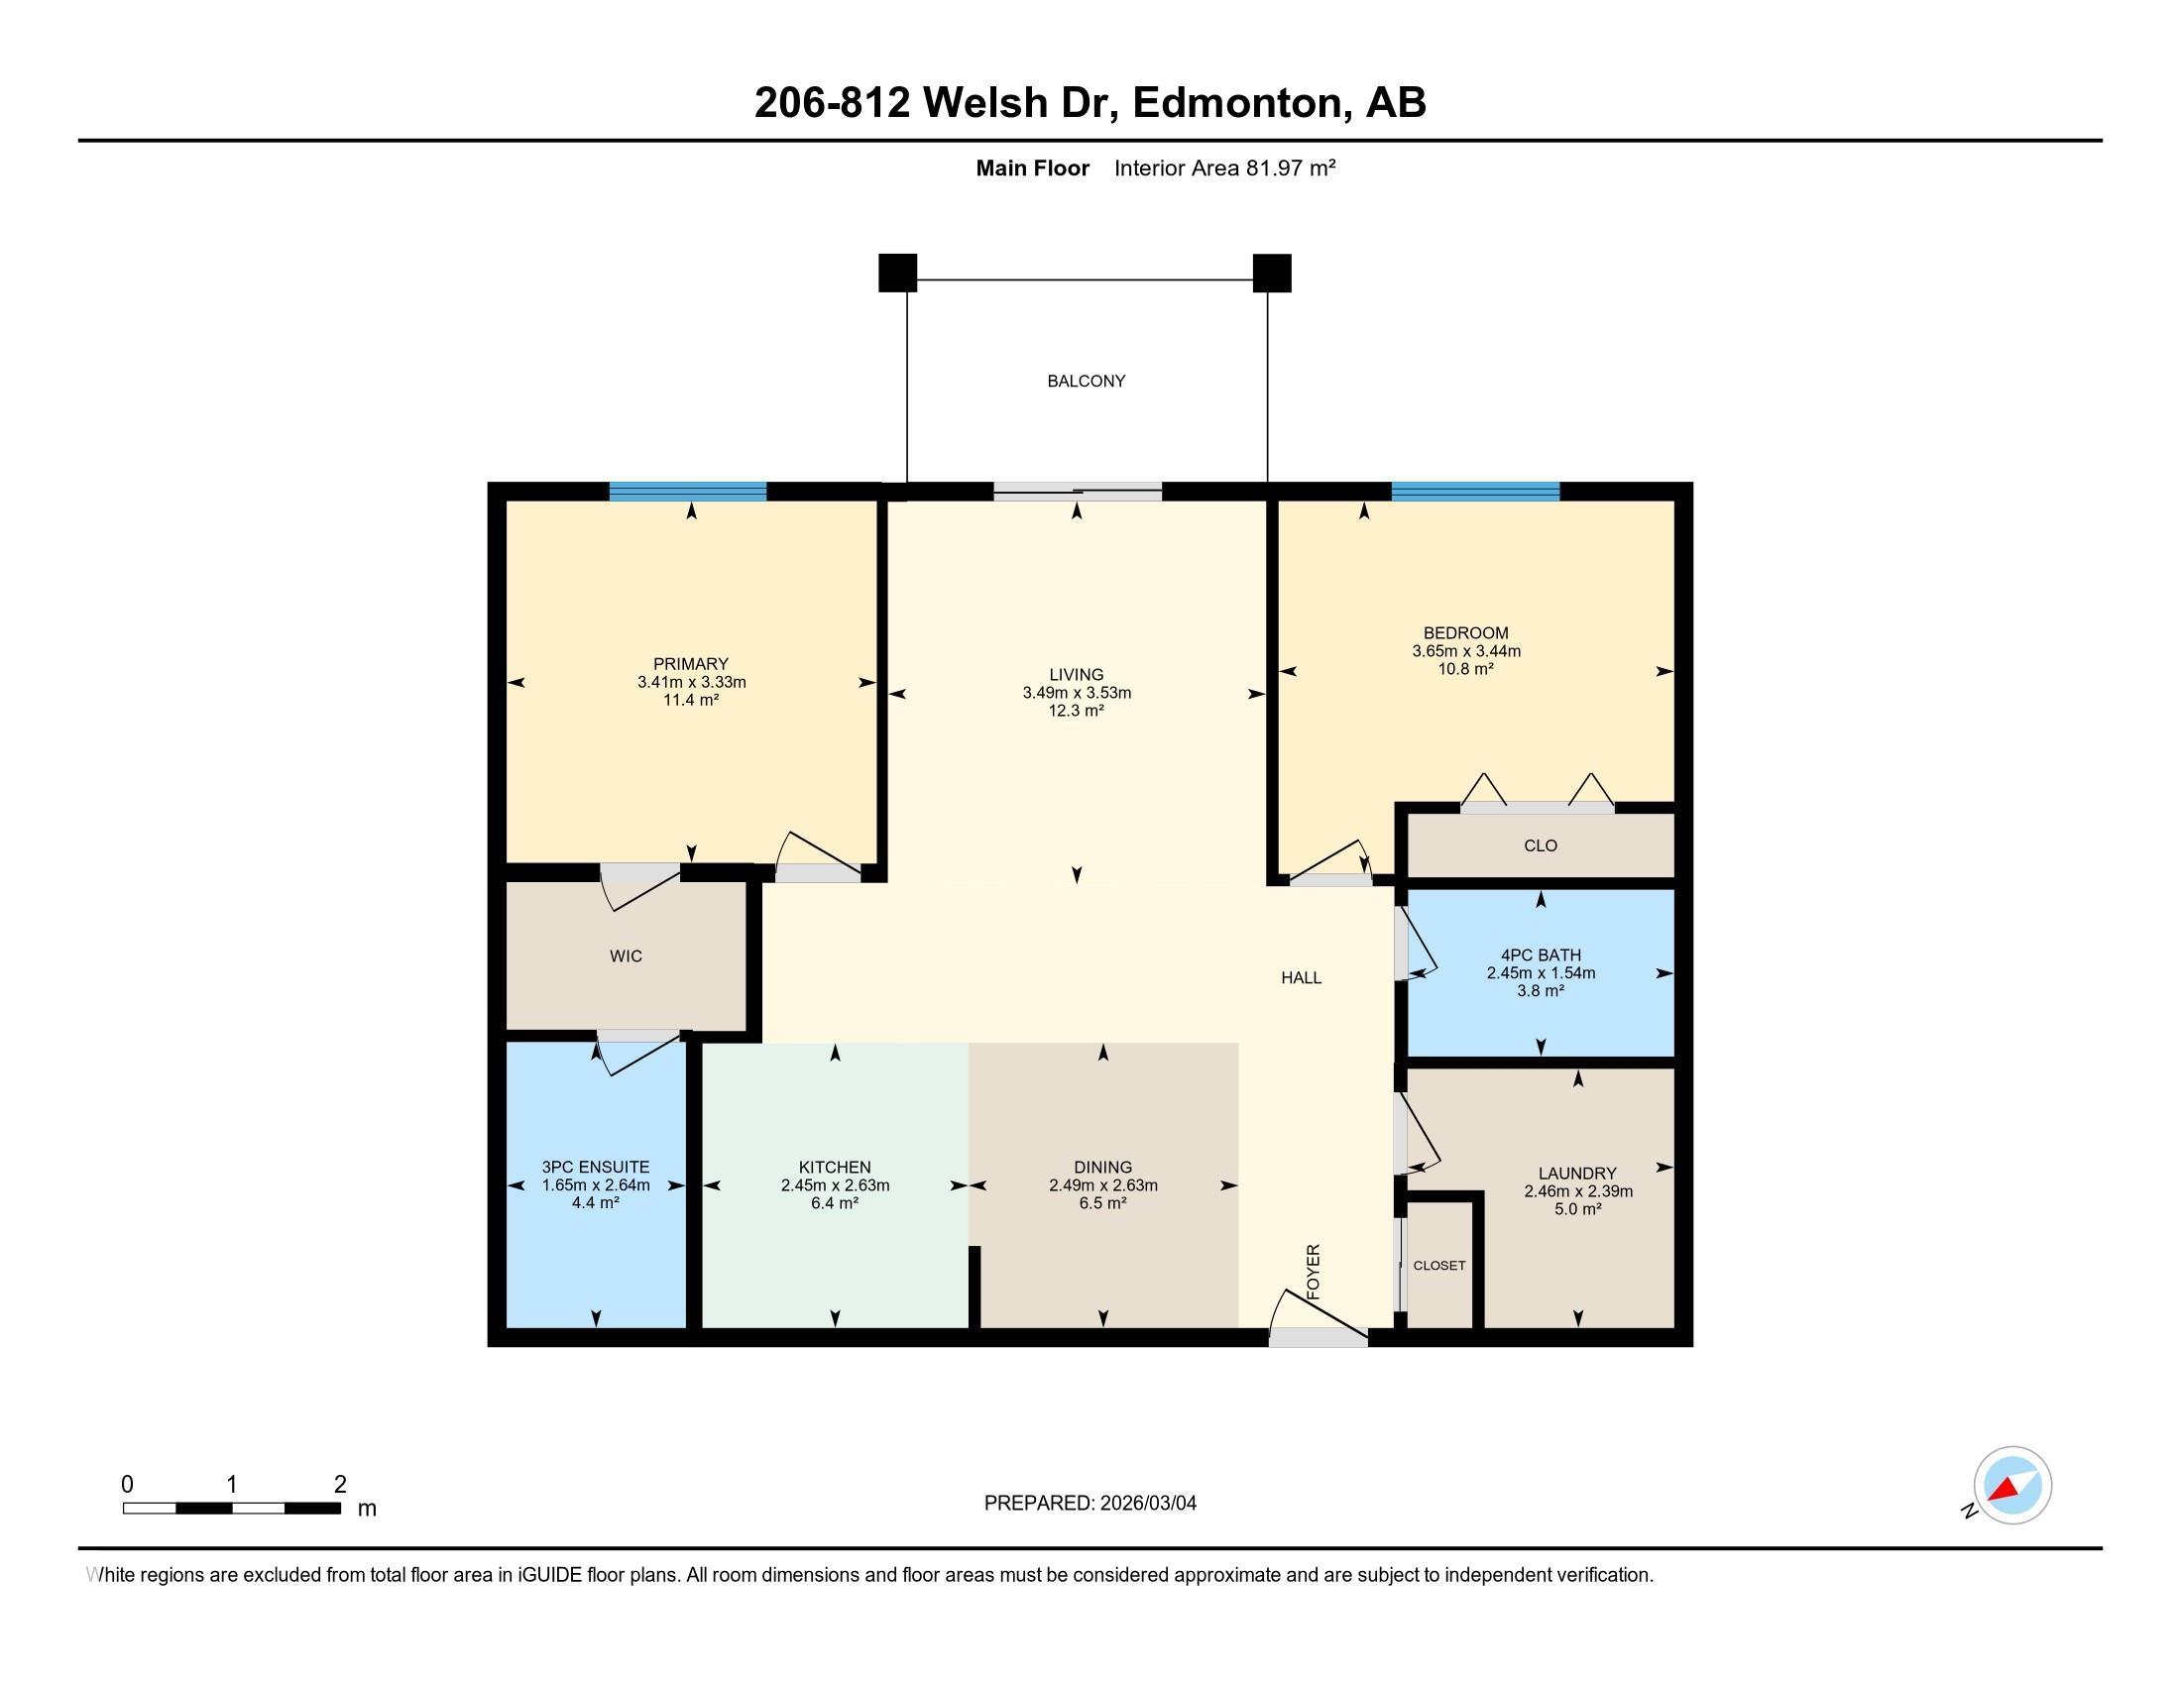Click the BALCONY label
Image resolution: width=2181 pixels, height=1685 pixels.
(x=1086, y=381)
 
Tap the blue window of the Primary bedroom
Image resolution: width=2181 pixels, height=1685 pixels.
(x=688, y=491)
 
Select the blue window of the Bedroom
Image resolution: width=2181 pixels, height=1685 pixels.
(x=1475, y=491)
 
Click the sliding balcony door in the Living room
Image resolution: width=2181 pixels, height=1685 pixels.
(x=1077, y=491)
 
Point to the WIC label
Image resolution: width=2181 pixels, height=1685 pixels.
(x=626, y=956)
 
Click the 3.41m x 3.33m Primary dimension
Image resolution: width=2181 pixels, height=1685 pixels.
(x=691, y=683)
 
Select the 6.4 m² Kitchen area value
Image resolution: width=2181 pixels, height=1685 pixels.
(x=835, y=1203)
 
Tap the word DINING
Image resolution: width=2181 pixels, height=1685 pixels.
(x=1102, y=1167)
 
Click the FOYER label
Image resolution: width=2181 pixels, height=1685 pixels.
(x=1314, y=1271)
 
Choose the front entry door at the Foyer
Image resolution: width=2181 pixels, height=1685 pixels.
(x=1318, y=1338)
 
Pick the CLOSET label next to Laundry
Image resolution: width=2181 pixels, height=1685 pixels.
(x=1439, y=1265)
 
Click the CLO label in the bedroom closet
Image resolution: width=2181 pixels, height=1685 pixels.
(x=1540, y=845)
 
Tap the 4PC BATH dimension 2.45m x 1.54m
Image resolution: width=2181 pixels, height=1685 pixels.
(x=1540, y=973)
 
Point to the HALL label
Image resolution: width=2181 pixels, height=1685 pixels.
(x=1301, y=978)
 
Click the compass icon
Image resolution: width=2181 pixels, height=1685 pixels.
(x=2011, y=1485)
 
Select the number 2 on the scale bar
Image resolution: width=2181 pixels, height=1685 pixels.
(x=339, y=1484)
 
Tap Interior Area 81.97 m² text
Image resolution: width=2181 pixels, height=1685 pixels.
(x=1224, y=168)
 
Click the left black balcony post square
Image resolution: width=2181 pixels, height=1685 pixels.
(x=897, y=273)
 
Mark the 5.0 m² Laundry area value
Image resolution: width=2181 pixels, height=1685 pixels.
(x=1577, y=1209)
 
